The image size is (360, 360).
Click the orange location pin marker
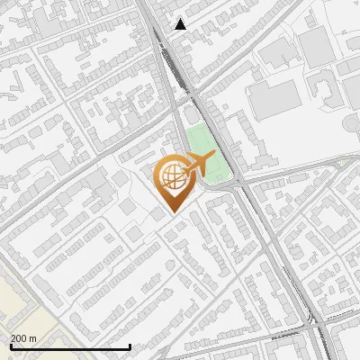pyautogui.click(x=173, y=180)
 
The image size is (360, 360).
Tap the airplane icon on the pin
pyautogui.click(x=199, y=166)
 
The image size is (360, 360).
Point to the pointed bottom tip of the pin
pyautogui.click(x=172, y=211)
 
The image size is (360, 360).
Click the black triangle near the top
pyautogui.click(x=181, y=24)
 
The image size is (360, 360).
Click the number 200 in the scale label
pyautogui.click(x=18, y=338)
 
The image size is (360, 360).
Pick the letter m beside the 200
pyautogui.click(x=32, y=338)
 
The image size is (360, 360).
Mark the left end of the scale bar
pyautogui.click(x=11, y=346)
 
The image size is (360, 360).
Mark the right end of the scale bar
pyautogui.click(x=130, y=346)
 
